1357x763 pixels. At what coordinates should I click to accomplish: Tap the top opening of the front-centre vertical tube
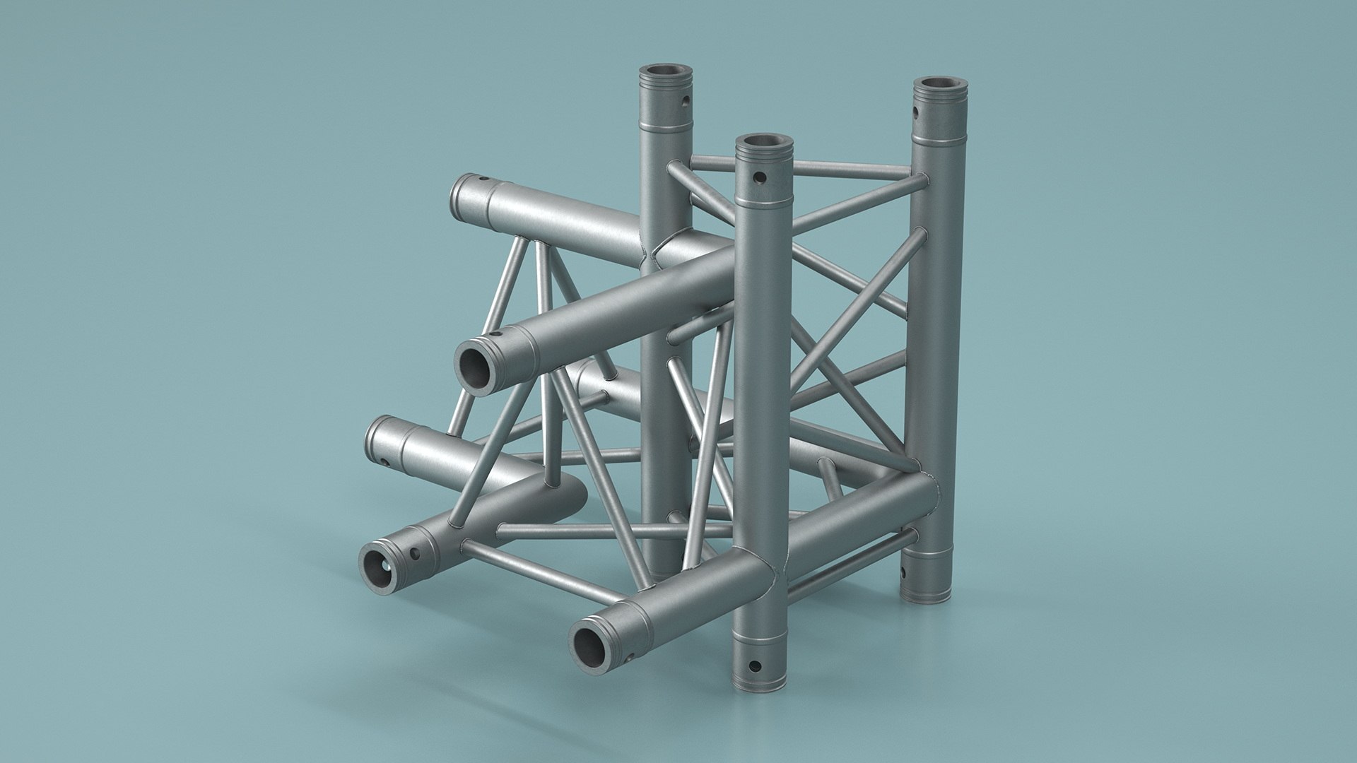point(764,145)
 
